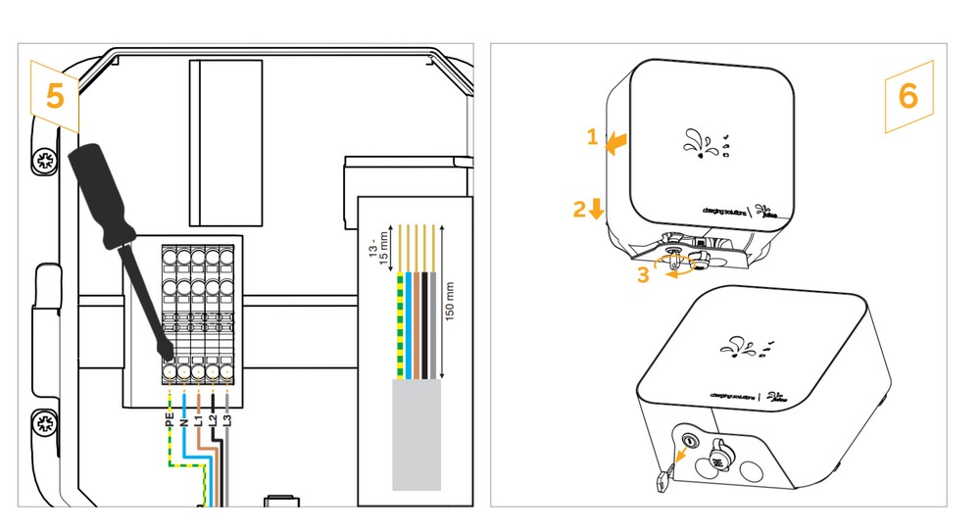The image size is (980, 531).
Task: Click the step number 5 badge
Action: point(55,95)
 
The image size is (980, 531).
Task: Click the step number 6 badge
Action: point(908,96)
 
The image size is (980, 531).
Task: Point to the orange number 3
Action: point(643,275)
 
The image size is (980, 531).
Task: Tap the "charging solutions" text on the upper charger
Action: point(725,209)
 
